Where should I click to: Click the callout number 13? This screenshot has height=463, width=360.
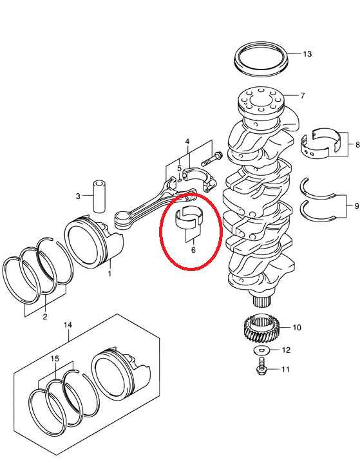pyautogui.click(x=307, y=53)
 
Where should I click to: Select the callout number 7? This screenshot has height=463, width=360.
pyautogui.click(x=303, y=95)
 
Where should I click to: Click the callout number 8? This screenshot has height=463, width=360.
pyautogui.click(x=357, y=145)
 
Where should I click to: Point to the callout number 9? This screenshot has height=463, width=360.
pyautogui.click(x=357, y=206)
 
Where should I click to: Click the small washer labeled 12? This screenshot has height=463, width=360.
pyautogui.click(x=261, y=350)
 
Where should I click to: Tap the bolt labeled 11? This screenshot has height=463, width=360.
pyautogui.click(x=261, y=366)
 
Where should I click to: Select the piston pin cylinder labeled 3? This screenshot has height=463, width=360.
pyautogui.click(x=99, y=196)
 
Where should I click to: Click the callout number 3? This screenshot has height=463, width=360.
pyautogui.click(x=78, y=196)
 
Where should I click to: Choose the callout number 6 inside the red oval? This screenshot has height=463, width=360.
pyautogui.click(x=193, y=250)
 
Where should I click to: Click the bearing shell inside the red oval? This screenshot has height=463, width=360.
pyautogui.click(x=189, y=218)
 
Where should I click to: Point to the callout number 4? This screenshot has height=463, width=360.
pyautogui.click(x=187, y=142)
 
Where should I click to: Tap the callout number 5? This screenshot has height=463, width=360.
pyautogui.click(x=179, y=169)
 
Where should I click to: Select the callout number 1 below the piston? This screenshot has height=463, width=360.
pyautogui.click(x=109, y=274)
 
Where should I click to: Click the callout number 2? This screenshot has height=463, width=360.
pyautogui.click(x=45, y=317)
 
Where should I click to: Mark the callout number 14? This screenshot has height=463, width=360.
pyautogui.click(x=68, y=325)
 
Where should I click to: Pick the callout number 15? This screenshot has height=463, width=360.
pyautogui.click(x=55, y=359)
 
